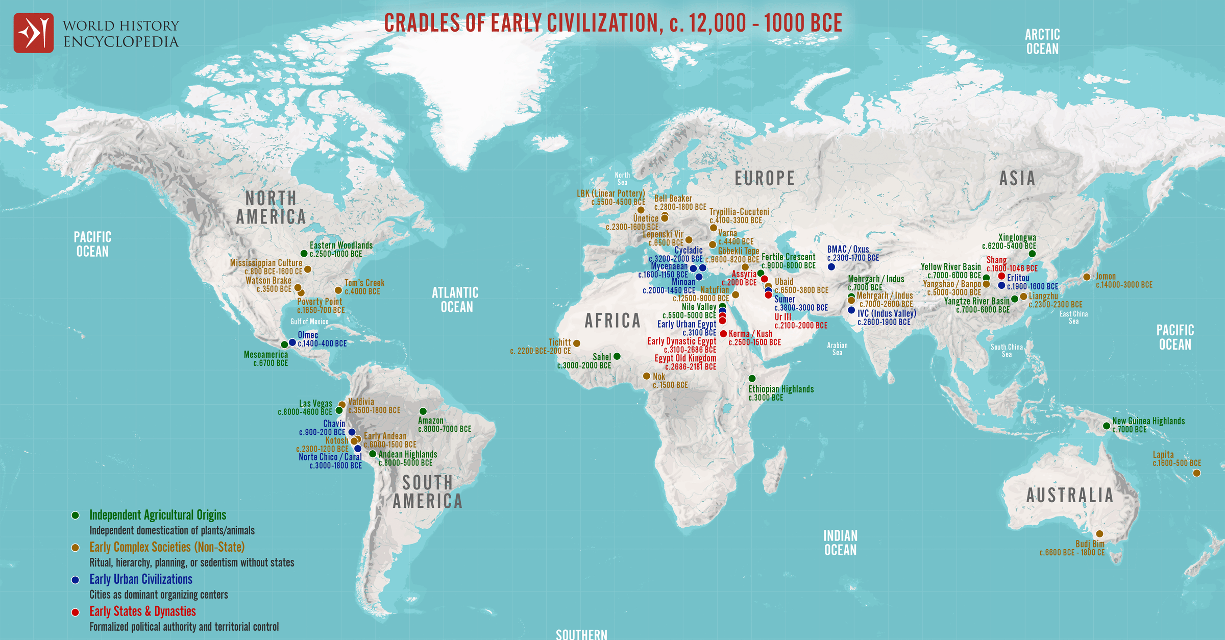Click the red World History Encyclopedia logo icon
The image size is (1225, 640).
pyautogui.click(x=33, y=33)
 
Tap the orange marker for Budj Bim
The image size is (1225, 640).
pyautogui.click(x=1099, y=534)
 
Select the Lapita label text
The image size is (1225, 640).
pyautogui.click(x=1163, y=454)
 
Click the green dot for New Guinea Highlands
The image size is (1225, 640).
pyautogui.click(x=1106, y=426)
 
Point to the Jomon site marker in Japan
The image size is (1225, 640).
pyautogui.click(x=1087, y=277)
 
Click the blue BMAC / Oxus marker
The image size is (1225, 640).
pyautogui.click(x=831, y=266)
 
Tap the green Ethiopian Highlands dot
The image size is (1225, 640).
pyautogui.click(x=752, y=378)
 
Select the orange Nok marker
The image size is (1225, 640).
pyautogui.click(x=646, y=376)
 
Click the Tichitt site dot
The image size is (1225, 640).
pyautogui.click(x=577, y=343)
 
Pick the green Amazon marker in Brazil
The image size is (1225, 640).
pyautogui.click(x=423, y=411)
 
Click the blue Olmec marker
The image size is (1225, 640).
pyautogui.click(x=292, y=342)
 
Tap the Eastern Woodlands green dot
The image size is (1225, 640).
pyautogui.click(x=304, y=254)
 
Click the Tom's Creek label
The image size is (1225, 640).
pyautogui.click(x=364, y=283)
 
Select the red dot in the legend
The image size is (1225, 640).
pyautogui.click(x=75, y=612)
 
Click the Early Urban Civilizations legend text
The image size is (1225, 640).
pyautogui.click(x=141, y=579)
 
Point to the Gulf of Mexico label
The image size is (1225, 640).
pyautogui.click(x=309, y=322)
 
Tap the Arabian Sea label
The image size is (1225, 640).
pyautogui.click(x=837, y=349)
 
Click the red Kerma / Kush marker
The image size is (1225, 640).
pyautogui.click(x=723, y=334)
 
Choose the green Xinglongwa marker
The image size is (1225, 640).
pyautogui.click(x=1032, y=254)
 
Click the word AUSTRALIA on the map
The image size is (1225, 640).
pyautogui.click(x=1070, y=495)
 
